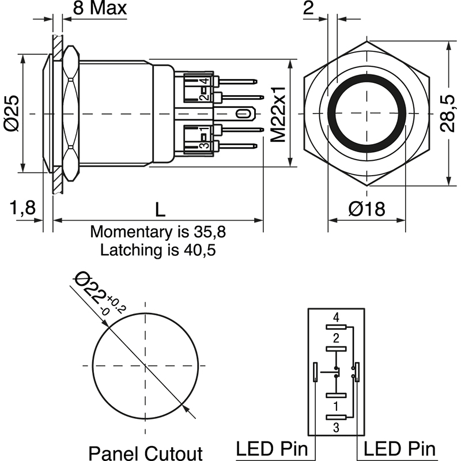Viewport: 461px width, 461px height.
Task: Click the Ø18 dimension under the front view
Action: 366,210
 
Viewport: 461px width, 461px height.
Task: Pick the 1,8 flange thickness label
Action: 22,209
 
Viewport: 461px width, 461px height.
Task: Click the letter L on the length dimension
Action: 160,209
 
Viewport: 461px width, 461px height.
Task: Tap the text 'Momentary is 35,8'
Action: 158,232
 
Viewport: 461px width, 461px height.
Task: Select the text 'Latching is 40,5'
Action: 158,250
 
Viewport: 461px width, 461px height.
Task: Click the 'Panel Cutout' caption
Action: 146,452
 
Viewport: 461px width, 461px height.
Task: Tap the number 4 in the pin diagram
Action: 336,317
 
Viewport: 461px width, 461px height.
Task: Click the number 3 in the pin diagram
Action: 336,426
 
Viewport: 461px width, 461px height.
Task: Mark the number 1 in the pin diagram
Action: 336,406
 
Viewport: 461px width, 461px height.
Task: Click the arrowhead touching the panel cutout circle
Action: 186,408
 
